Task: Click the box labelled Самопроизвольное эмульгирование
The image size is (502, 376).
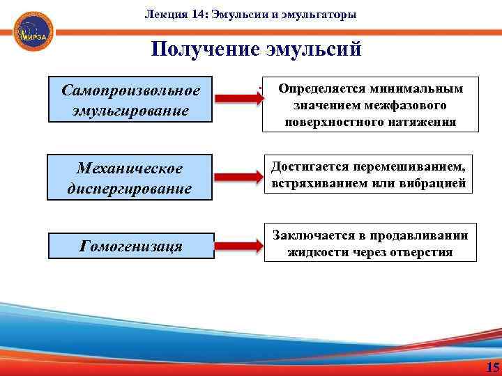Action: (x=130, y=100)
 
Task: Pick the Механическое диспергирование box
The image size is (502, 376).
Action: (x=130, y=178)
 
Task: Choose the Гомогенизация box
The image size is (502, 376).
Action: (x=130, y=246)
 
